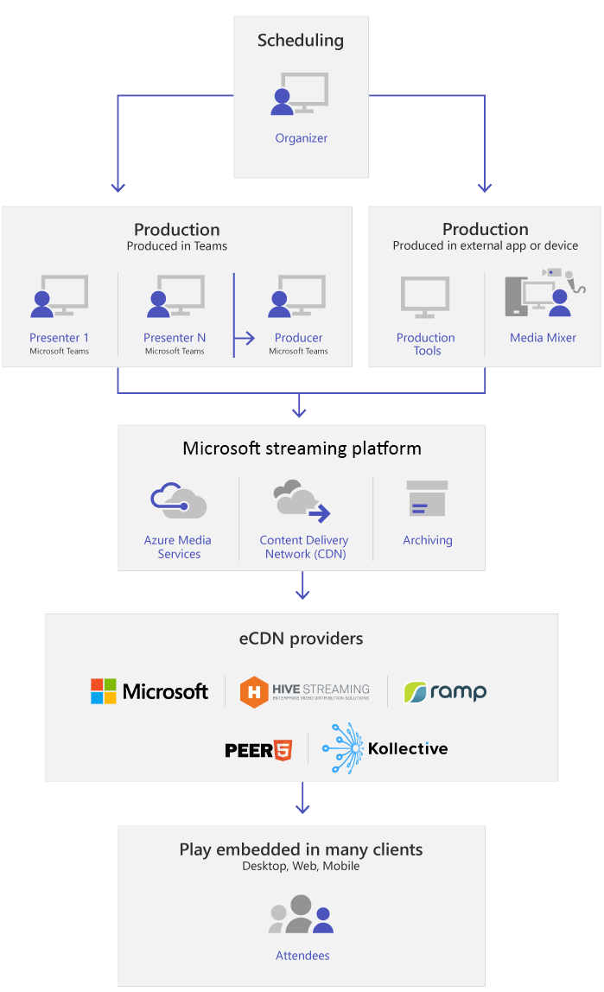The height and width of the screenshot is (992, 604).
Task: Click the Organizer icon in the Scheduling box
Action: [x=300, y=94]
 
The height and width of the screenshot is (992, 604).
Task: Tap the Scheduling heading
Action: [x=301, y=41]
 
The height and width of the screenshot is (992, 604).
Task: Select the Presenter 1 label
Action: [x=60, y=338]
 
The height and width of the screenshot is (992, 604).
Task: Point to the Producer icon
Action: [x=296, y=297]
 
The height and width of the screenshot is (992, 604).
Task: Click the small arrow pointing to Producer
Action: [x=245, y=338]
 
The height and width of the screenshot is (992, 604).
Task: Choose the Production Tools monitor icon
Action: [x=425, y=298]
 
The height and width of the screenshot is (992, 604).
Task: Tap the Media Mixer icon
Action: [x=544, y=294]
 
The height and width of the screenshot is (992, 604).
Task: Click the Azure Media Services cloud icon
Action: [x=178, y=500]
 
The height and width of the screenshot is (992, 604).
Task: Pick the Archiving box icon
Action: [x=427, y=499]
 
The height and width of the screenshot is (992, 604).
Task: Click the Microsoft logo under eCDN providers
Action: [x=149, y=691]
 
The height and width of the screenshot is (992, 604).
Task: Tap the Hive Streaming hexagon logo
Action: [x=254, y=692]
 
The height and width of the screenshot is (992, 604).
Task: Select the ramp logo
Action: [x=445, y=691]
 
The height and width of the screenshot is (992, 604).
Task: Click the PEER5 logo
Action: [x=258, y=749]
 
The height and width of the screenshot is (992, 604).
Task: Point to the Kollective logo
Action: [x=385, y=748]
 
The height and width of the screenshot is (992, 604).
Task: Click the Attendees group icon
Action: [x=301, y=915]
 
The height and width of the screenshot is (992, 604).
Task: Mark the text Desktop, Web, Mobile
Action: [x=301, y=866]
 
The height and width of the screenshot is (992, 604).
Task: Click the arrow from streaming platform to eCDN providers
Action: [x=302, y=588]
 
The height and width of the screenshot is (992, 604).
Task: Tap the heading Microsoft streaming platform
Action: [x=302, y=448]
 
